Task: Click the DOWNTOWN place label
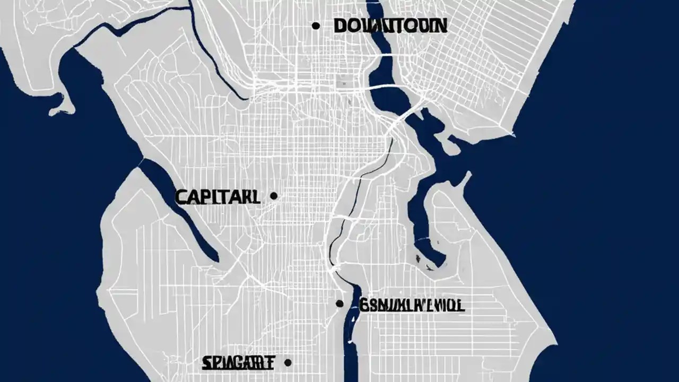[x=390, y=25]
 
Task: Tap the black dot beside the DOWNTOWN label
[x=316, y=25]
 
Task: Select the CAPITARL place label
[x=217, y=197]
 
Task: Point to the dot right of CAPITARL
[x=274, y=196]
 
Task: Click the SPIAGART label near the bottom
[x=238, y=363]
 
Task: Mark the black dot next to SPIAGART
[x=288, y=362]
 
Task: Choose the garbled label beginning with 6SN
[x=412, y=305]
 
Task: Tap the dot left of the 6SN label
[x=339, y=303]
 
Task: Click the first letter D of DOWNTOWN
[x=341, y=25]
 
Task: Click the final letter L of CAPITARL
[x=256, y=197]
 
